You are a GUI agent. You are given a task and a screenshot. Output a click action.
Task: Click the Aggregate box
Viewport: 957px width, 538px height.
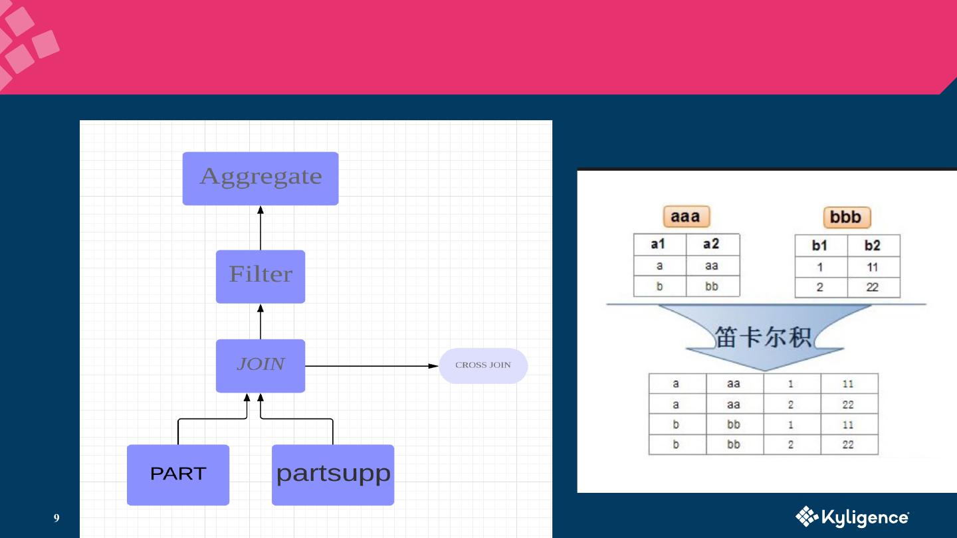261,178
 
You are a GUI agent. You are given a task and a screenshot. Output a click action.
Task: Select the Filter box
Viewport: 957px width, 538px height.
261,276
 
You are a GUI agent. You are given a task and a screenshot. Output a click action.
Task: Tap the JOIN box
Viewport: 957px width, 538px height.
261,365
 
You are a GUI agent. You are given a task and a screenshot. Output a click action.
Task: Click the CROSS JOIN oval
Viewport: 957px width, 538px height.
483,365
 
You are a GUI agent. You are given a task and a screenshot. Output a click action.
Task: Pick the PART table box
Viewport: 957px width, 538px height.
178,474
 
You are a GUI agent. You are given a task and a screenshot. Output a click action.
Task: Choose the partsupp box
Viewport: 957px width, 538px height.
333,474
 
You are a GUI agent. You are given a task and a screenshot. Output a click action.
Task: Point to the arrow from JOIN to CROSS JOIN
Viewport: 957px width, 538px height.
370,366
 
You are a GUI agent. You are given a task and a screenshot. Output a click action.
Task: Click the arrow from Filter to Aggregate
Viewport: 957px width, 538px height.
261,228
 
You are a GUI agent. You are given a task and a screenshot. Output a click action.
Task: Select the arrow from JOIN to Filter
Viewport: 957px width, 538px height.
261,322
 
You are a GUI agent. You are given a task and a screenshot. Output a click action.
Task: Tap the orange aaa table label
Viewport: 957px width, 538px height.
686,217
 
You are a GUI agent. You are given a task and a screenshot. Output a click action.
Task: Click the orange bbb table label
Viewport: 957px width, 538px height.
846,217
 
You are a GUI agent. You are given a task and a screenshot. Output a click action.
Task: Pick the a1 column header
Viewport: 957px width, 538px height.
659,244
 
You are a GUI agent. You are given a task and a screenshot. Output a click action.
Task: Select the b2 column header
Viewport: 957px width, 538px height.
873,246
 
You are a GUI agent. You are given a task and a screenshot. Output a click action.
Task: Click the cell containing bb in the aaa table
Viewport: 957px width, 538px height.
712,286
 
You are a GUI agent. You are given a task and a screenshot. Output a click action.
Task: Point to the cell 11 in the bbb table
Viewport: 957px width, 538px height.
873,267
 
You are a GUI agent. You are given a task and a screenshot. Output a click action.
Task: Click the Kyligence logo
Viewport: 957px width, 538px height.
852,517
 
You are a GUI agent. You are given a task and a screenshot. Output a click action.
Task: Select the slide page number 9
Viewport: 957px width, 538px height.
56,518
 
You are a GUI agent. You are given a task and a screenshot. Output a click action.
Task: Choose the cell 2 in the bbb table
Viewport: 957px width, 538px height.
820,288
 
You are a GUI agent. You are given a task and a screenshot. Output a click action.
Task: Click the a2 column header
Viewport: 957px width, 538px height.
712,244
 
